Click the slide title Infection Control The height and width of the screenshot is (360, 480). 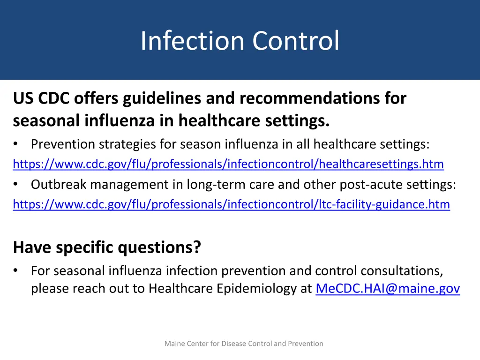click(x=240, y=41)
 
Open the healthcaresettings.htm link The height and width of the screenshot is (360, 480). click(x=228, y=165)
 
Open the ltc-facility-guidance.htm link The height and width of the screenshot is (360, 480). click(x=231, y=205)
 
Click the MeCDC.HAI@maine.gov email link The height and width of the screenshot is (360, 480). click(x=388, y=289)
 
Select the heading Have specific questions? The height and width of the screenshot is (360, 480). click(x=107, y=247)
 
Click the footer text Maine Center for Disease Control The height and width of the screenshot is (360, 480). click(x=244, y=344)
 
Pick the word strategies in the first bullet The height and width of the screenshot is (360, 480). click(x=128, y=144)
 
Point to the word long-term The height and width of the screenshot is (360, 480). click(x=214, y=185)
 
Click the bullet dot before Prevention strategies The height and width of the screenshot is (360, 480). click(x=16, y=144)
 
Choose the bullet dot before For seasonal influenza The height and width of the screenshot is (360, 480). click(x=16, y=271)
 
